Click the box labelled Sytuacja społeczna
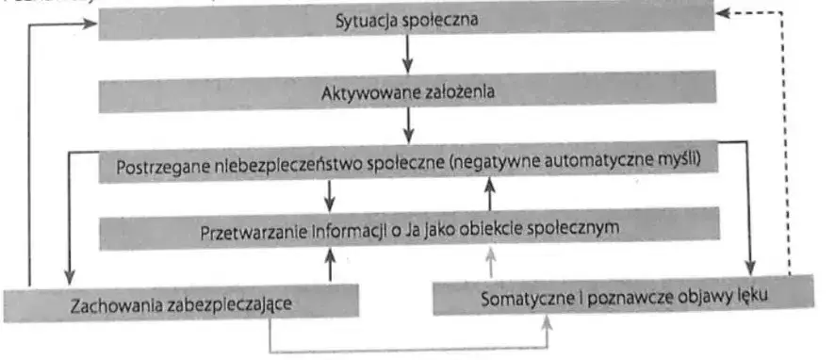coord(405,23)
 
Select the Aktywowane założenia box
coord(405,93)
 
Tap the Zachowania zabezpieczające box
coord(182,304)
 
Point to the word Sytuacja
coord(368,23)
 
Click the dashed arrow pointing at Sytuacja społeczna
coord(790,141)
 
